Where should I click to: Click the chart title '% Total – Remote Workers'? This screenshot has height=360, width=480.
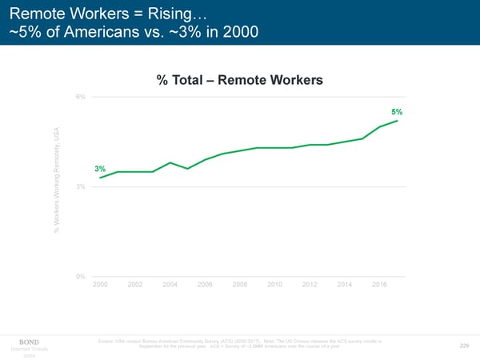pyautogui.click(x=239, y=81)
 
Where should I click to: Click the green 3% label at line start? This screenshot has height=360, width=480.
pyautogui.click(x=100, y=169)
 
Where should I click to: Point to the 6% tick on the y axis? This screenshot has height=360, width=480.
pyautogui.click(x=81, y=97)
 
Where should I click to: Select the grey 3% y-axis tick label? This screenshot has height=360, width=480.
pyautogui.click(x=81, y=187)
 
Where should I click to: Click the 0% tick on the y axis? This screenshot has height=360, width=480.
pyautogui.click(x=81, y=277)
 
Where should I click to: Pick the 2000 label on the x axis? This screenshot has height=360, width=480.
pyautogui.click(x=100, y=285)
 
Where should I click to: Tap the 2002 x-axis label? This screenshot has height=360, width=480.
pyautogui.click(x=135, y=285)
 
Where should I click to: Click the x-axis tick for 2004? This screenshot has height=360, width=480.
pyautogui.click(x=170, y=285)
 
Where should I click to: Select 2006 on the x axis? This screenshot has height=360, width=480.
pyautogui.click(x=205, y=285)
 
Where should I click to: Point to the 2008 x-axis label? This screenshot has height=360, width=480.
pyautogui.click(x=240, y=285)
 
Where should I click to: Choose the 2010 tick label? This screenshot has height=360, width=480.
pyautogui.click(x=274, y=285)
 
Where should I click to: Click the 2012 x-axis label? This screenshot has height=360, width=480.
pyautogui.click(x=310, y=285)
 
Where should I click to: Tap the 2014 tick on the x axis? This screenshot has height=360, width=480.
pyautogui.click(x=345, y=285)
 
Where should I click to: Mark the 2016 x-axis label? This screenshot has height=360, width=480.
pyautogui.click(x=380, y=285)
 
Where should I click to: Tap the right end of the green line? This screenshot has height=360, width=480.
pyautogui.click(x=398, y=121)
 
